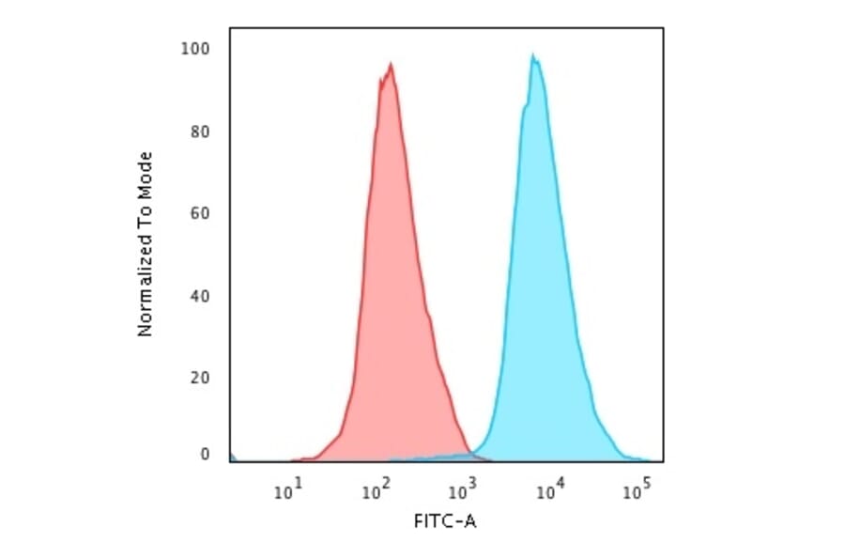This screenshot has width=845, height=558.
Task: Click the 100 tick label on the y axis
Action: coord(195,48)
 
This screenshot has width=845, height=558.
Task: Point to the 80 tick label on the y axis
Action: coord(199,131)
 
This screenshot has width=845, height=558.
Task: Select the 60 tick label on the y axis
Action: coord(199,213)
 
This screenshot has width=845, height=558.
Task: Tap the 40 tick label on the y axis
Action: coord(199,296)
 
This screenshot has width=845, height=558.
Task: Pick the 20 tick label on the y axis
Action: coord(199,378)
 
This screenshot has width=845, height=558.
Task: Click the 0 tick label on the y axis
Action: coord(204,455)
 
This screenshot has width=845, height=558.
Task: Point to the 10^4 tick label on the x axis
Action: coord(549,488)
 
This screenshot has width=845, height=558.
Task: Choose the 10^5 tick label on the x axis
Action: coord(637,488)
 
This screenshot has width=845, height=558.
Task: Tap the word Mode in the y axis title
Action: coord(145,171)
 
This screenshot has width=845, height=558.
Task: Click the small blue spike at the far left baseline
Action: coord(232,457)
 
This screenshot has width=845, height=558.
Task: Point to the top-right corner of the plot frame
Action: coord(663,28)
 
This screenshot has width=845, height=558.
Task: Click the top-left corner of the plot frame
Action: coord(229,28)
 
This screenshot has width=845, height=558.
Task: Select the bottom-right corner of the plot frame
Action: coord(663,462)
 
